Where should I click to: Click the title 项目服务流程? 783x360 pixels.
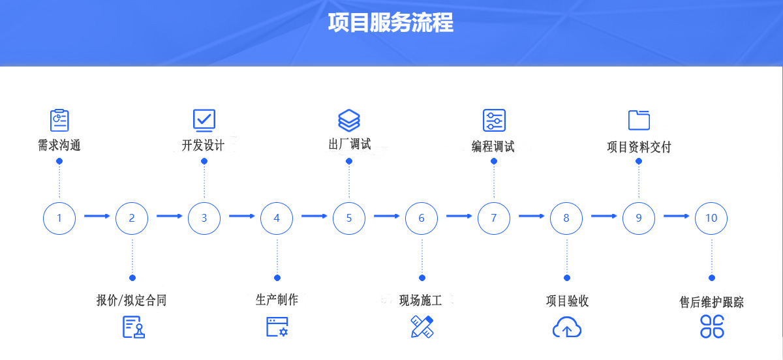[x=390, y=23]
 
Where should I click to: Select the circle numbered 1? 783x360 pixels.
[x=59, y=218]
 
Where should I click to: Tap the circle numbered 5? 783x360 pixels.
[x=349, y=218]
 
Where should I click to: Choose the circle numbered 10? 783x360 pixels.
[x=711, y=218]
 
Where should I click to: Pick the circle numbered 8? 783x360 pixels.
[x=566, y=218]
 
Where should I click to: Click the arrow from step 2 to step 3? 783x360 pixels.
[x=168, y=216]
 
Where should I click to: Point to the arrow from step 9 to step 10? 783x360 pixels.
[x=675, y=216]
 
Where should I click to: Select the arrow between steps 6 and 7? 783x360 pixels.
[x=458, y=216]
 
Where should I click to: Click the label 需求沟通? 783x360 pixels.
[x=59, y=145]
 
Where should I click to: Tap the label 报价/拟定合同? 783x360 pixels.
[x=132, y=301]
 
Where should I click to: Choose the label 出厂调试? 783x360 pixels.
[x=349, y=144]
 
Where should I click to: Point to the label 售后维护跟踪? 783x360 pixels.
[x=711, y=303]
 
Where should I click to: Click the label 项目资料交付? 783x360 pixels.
[x=639, y=147]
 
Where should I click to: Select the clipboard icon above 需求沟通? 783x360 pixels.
[x=59, y=120]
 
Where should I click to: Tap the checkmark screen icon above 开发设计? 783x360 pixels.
[x=204, y=120]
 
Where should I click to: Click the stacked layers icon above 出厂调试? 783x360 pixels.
[x=349, y=120]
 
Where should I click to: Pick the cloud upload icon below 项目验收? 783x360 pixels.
[x=566, y=327]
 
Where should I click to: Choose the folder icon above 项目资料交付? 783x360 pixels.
[x=639, y=120]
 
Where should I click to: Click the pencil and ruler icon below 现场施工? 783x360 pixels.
[x=422, y=326]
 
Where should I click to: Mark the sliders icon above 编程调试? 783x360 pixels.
[x=494, y=120]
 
